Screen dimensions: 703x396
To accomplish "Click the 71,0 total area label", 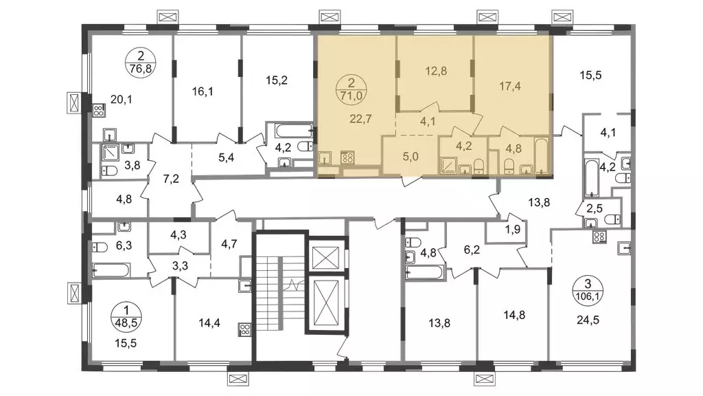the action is point(351,95).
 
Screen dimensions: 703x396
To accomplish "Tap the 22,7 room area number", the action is point(360,119).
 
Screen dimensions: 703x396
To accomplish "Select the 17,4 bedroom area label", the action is point(510,86).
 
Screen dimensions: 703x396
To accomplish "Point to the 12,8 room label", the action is point(436,71).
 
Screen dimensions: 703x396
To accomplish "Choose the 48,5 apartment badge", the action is point(126,316).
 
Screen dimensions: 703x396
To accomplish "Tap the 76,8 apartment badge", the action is point(141,63).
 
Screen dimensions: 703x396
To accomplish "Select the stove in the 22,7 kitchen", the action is point(347,157).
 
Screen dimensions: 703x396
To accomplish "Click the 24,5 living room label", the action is point(588,320).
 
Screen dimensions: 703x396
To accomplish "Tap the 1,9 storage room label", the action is point(512,230).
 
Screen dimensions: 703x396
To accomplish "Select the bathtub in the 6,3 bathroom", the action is point(111,269).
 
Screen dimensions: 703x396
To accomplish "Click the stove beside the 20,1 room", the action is point(99,111).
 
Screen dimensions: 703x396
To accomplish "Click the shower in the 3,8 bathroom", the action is point(111,153).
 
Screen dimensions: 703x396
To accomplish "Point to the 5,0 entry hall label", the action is point(411,157).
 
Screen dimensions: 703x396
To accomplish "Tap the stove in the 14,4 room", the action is point(245,330).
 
